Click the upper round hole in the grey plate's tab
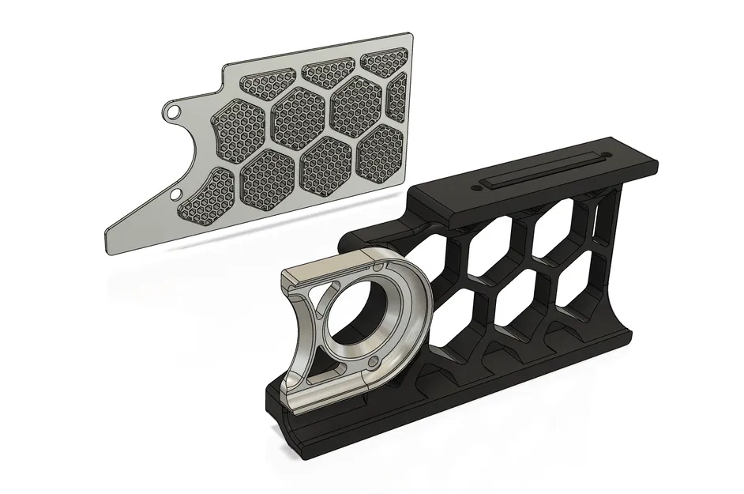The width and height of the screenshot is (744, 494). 171,112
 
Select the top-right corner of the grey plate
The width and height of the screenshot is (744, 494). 411,34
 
